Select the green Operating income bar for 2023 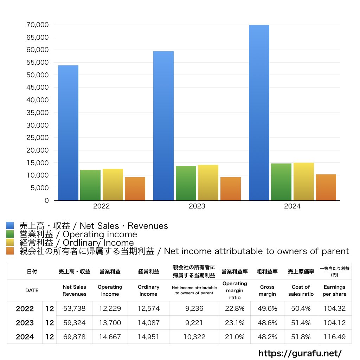pyautogui.click(x=186, y=183)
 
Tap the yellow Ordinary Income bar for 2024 pyautogui.click(x=304, y=181)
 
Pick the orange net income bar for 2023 pyautogui.click(x=231, y=189)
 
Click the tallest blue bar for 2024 pyautogui.click(x=259, y=112)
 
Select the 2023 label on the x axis pyautogui.click(x=197, y=206)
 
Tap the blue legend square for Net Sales pyautogui.click(x=10, y=226)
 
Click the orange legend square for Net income pyautogui.click(x=10, y=251)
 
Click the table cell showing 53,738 pyautogui.click(x=75, y=309)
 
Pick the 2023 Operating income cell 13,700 pyautogui.click(x=110, y=323)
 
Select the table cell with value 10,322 pyautogui.click(x=194, y=337)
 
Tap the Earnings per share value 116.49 pyautogui.click(x=334, y=337)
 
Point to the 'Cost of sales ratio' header pyautogui.click(x=301, y=290)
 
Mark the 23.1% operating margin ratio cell pyautogui.click(x=235, y=323)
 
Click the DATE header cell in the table pyautogui.click(x=32, y=290)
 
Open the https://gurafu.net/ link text pyautogui.click(x=300, y=353)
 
